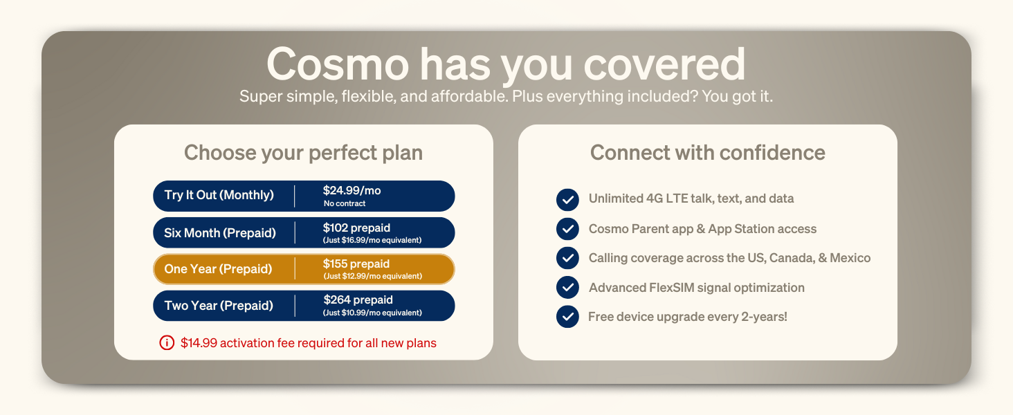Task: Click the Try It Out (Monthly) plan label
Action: [219, 195]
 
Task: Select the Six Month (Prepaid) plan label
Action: [219, 233]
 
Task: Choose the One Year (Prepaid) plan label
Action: [218, 269]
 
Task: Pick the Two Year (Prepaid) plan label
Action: [219, 306]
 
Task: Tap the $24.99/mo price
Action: [352, 190]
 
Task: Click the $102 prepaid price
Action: [356, 228]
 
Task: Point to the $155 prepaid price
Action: [356, 264]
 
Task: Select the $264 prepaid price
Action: [358, 300]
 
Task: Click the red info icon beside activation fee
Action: [167, 342]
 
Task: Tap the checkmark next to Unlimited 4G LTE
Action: [567, 199]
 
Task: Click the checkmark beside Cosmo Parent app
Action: [567, 229]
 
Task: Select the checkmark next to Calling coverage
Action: [567, 258]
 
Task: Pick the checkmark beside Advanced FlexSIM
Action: [567, 287]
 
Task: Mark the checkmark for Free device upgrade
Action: [567, 317]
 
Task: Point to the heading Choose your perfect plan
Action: [303, 152]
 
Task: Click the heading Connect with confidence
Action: [707, 152]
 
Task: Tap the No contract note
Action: [344, 204]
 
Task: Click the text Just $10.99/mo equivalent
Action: [372, 313]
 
